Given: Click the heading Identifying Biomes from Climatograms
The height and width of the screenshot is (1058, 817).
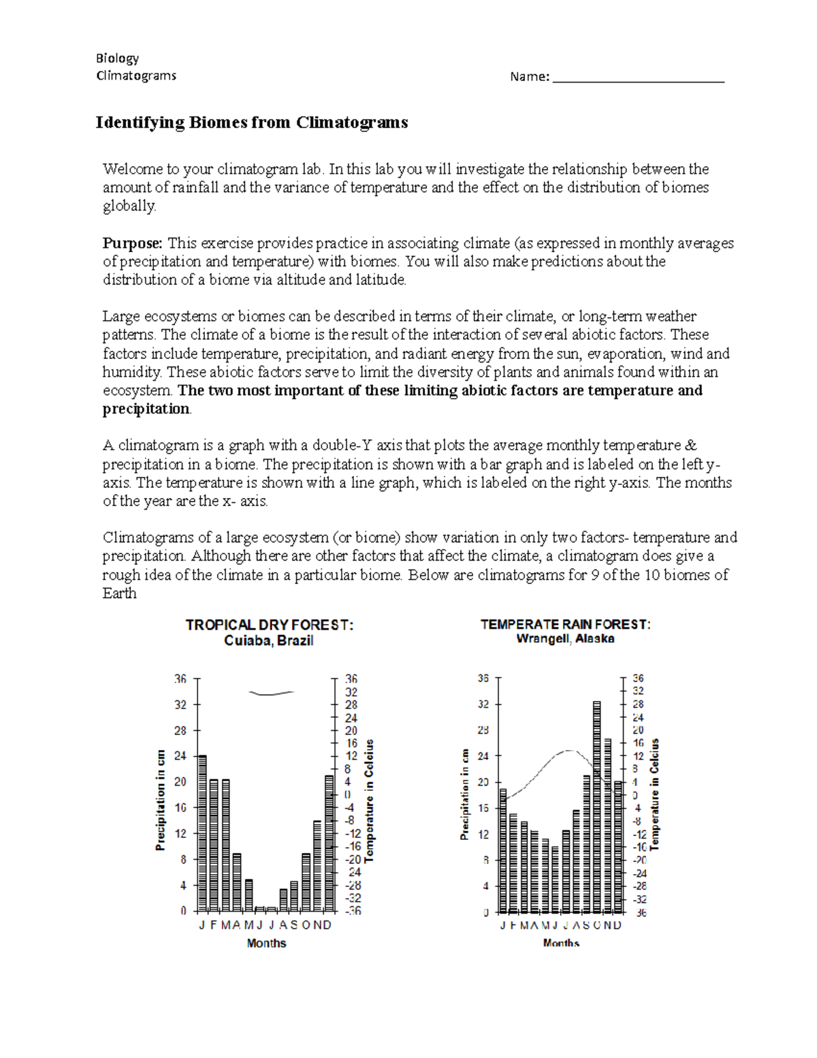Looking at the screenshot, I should [251, 123].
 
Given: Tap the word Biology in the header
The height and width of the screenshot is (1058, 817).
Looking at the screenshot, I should [117, 59].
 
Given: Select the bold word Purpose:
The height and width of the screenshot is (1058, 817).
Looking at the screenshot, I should [133, 243].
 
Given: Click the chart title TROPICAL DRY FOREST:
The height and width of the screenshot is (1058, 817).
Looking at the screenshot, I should [270, 625].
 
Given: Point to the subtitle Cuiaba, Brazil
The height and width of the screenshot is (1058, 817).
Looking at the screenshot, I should [269, 641].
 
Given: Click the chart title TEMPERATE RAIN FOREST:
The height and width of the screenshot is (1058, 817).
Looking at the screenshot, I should [565, 624].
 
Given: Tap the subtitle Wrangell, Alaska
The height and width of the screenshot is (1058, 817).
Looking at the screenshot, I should [565, 639].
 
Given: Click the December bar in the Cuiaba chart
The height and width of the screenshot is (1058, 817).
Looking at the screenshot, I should [329, 843].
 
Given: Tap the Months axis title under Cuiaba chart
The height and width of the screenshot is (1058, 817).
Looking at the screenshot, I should [266, 944].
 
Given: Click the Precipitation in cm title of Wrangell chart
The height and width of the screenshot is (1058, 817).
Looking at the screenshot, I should [465, 794].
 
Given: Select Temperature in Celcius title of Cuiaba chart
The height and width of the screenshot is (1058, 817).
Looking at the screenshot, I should [370, 801].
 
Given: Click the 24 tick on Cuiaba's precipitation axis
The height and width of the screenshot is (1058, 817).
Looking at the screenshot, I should [180, 756].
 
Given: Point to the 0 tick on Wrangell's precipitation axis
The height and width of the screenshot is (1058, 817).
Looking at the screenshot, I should [485, 912].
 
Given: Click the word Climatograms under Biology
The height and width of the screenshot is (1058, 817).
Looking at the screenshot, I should [136, 76].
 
